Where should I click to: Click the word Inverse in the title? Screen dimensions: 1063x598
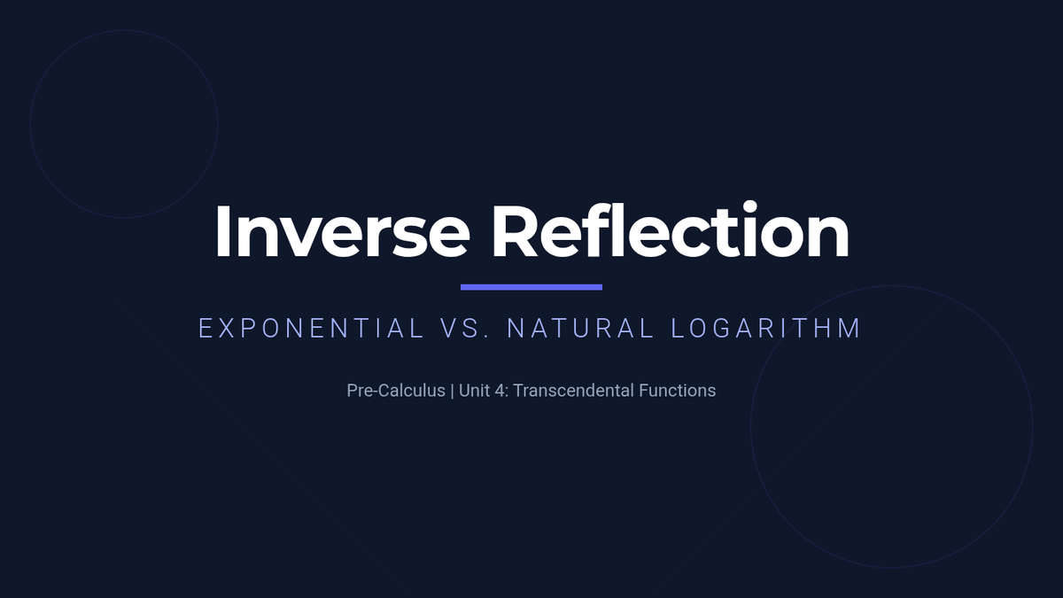[343, 231]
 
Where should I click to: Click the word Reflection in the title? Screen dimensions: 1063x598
[671, 229]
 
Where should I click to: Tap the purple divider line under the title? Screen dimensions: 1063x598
[531, 287]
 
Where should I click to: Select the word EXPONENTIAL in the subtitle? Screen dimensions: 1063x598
[311, 329]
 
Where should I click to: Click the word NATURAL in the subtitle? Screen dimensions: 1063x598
[580, 329]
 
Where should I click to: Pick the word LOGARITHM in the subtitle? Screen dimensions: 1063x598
[765, 329]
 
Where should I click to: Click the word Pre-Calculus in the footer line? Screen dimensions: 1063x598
[396, 391]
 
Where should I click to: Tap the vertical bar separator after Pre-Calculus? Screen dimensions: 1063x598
[452, 391]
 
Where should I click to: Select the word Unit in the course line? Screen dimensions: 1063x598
[474, 391]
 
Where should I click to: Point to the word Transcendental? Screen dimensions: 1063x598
[574, 391]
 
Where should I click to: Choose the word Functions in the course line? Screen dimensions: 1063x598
[677, 391]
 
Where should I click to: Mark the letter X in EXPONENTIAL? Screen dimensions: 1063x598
[227, 329]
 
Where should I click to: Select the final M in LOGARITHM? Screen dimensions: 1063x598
[850, 329]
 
